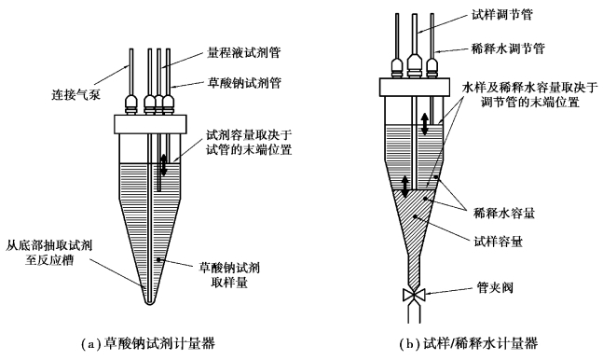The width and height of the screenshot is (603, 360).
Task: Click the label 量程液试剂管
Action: click(244, 52)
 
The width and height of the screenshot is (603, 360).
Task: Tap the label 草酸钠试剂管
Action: click(244, 83)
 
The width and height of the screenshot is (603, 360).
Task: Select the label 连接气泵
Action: click(76, 94)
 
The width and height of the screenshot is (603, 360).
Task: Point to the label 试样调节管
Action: click(502, 15)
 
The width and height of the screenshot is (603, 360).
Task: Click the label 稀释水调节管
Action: click(508, 48)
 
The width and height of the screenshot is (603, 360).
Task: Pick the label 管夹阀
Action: click(495, 287)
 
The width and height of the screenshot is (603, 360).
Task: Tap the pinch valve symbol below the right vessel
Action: click(414, 296)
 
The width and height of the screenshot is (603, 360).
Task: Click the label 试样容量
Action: click(498, 242)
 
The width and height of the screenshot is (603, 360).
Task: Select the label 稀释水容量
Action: click(504, 213)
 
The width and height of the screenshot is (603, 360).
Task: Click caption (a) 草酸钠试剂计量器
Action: click(149, 343)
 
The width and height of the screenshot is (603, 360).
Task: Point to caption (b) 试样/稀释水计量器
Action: click(469, 343)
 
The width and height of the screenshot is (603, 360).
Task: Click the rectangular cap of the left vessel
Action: click(150, 124)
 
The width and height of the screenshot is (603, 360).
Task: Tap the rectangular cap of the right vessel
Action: click(415, 87)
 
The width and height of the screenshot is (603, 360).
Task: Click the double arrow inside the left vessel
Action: click(164, 165)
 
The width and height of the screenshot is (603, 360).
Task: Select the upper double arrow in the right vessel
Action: click(425, 124)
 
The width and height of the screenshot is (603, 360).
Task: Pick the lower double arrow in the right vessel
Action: click(404, 187)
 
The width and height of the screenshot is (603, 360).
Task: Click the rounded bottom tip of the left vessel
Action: click(150, 301)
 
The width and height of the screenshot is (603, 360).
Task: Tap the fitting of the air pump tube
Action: click(131, 104)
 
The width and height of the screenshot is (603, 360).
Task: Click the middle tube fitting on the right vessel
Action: click(414, 65)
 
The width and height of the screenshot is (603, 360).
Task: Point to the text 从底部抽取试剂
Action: click(48, 245)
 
